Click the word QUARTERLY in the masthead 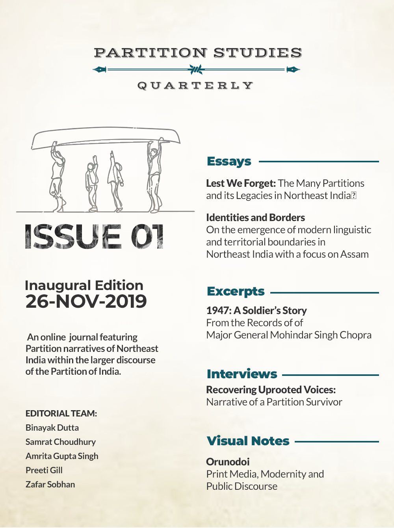click(x=195, y=86)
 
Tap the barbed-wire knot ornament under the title click(x=196, y=70)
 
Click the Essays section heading click(x=229, y=161)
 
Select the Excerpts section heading click(x=236, y=291)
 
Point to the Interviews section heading click(x=242, y=374)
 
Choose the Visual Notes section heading click(x=248, y=441)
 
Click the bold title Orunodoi click(x=228, y=461)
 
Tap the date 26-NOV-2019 click(x=86, y=301)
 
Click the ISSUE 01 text click(x=94, y=236)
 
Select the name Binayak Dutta click(x=52, y=428)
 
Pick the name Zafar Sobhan click(x=50, y=484)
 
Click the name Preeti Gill click(x=44, y=470)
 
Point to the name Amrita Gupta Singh click(x=62, y=456)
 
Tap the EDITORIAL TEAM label click(x=61, y=413)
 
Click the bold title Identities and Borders click(x=255, y=218)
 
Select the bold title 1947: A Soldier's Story click(x=256, y=310)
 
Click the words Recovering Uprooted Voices click(x=271, y=390)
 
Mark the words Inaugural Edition click(x=84, y=285)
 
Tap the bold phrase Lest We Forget click(x=241, y=183)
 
